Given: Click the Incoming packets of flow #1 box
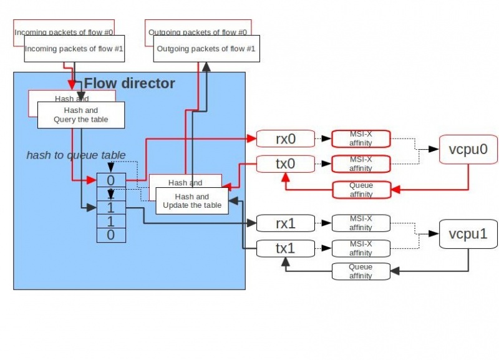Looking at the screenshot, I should [74, 49].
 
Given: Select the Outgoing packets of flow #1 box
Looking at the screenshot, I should [205, 49].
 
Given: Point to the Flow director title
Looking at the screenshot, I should [130, 83].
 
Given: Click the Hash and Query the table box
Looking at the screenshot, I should [81, 115].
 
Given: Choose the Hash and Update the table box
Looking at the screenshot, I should [191, 200].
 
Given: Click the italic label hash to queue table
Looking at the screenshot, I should [76, 155].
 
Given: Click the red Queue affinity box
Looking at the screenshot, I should [361, 190].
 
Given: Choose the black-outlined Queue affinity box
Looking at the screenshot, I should [361, 271].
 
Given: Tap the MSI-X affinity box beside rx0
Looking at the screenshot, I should [361, 139].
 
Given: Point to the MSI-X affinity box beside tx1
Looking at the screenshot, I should [361, 248].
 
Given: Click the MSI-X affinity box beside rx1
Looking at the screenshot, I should [361, 222].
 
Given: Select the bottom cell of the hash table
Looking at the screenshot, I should [111, 235].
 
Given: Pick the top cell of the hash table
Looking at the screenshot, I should [111, 180].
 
